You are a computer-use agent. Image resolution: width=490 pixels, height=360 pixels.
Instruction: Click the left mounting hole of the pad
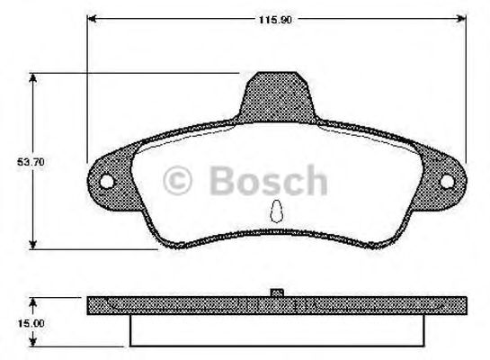[106, 182]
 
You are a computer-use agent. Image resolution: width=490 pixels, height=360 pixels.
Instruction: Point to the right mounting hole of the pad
[449, 181]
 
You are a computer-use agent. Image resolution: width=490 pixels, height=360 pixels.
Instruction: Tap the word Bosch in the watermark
[267, 181]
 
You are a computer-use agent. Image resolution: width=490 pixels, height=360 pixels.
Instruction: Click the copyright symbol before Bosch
[178, 182]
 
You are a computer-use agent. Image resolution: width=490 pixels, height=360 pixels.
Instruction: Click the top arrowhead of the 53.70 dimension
[34, 78]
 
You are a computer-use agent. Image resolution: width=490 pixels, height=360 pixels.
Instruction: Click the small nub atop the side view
[279, 292]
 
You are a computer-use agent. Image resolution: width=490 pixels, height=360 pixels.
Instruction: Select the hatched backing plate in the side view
[180, 305]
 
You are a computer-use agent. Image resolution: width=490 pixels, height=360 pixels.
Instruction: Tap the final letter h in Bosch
[316, 181]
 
